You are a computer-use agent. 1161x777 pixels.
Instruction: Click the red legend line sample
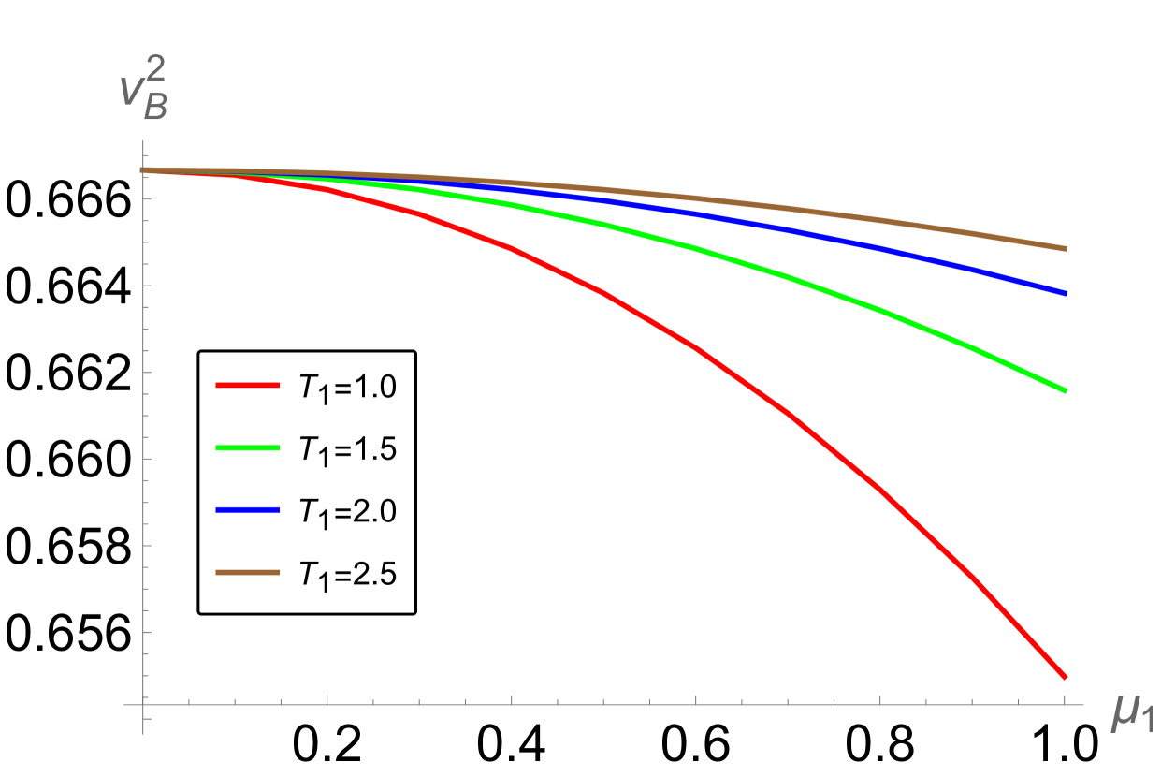[247, 385]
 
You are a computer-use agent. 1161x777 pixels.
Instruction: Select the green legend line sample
[247, 447]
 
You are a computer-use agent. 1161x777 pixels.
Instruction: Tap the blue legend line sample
[247, 510]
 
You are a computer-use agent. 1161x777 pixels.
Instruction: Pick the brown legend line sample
[247, 572]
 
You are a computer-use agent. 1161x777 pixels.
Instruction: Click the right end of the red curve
[1065, 676]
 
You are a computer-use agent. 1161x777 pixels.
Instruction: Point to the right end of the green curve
[1065, 389]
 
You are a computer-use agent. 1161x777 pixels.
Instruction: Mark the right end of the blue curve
[1065, 293]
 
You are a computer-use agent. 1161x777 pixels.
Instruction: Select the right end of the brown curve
[1065, 248]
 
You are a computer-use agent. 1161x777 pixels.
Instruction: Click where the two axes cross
[142, 704]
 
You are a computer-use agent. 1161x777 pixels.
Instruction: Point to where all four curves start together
[144, 170]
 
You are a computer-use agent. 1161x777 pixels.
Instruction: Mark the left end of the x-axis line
[124, 704]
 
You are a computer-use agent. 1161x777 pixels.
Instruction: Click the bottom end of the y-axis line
[142, 733]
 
